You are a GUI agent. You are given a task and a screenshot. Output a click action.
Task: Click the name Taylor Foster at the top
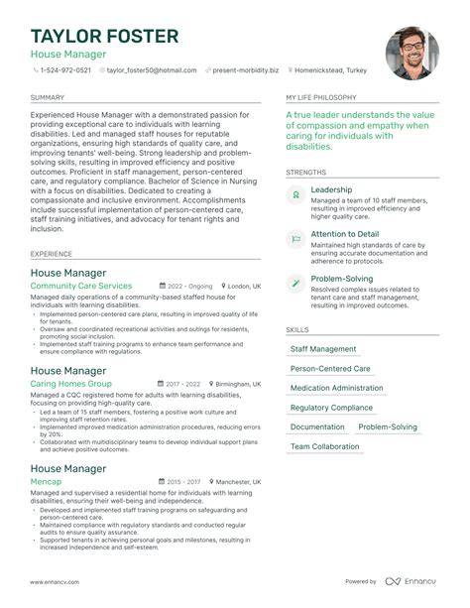point(104,36)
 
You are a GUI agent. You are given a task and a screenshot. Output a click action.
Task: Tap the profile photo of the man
point(411,53)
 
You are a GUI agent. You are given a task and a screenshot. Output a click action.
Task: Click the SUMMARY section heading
point(47,99)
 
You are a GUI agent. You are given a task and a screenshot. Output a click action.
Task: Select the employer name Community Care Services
point(80,286)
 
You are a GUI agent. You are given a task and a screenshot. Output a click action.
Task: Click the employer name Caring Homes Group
point(70,384)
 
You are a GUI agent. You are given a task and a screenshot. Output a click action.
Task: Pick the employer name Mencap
point(46,482)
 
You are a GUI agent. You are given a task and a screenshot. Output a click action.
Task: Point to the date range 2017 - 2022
point(182,384)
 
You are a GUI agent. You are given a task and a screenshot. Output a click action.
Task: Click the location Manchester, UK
point(238,482)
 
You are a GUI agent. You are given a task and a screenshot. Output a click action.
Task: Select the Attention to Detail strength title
point(344,235)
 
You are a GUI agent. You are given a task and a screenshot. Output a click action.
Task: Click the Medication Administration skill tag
point(336,388)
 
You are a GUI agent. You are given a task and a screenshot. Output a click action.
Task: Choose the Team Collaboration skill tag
point(324,446)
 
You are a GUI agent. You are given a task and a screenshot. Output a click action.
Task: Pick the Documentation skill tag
point(317,427)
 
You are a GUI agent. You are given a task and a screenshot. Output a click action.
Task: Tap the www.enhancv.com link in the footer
point(58,581)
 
